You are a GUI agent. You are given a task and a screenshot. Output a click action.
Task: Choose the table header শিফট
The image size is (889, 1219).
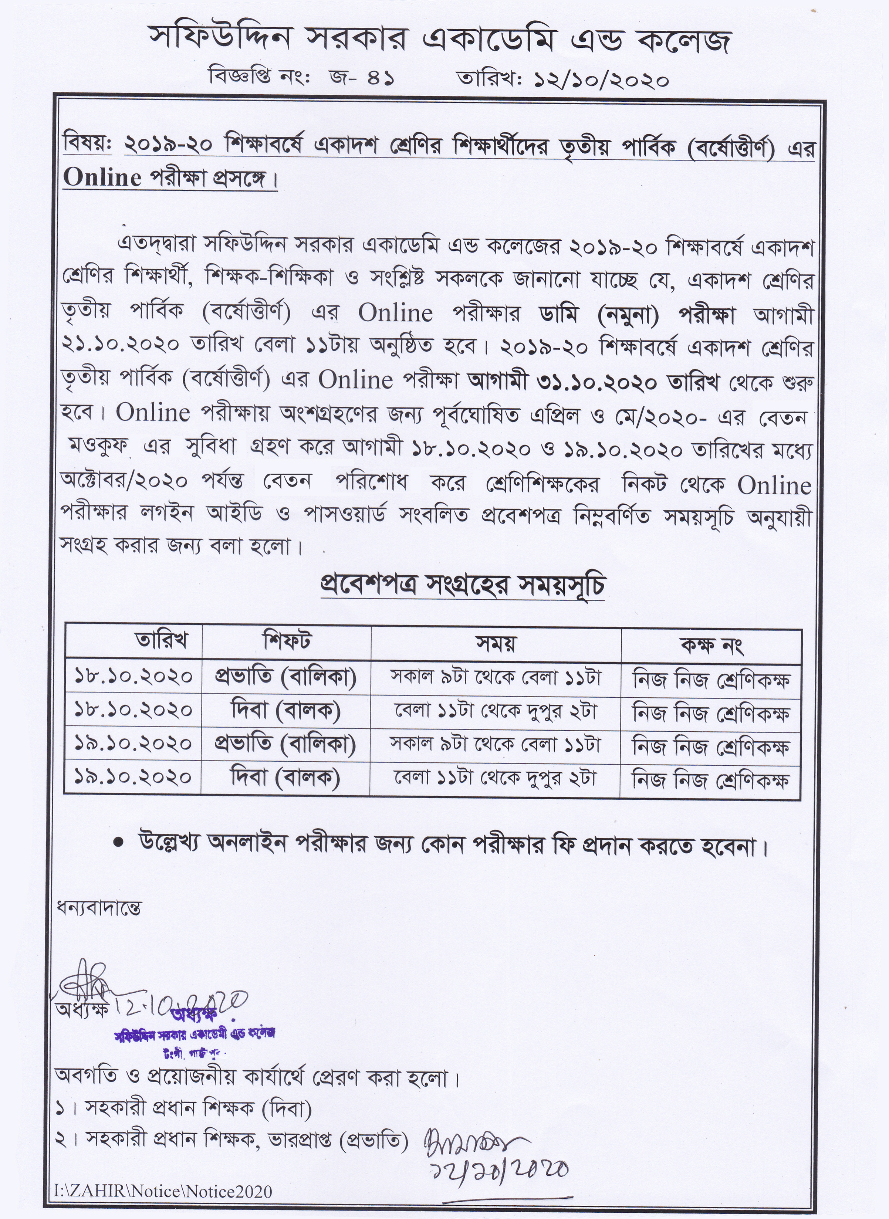point(287,641)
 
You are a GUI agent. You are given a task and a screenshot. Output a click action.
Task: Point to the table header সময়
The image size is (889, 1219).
point(496,643)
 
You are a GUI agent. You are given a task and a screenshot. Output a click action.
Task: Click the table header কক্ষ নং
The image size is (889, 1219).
point(711,644)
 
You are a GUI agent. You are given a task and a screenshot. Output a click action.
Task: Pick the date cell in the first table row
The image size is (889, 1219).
point(133,676)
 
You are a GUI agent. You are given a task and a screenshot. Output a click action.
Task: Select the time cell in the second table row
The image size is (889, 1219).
point(496,711)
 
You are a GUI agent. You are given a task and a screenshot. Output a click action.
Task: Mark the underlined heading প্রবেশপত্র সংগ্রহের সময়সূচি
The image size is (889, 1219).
point(463,586)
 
